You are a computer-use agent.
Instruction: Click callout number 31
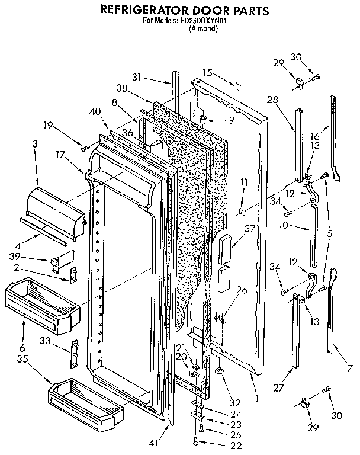pos(137,76)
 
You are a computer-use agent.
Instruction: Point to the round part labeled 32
pos(219,372)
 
